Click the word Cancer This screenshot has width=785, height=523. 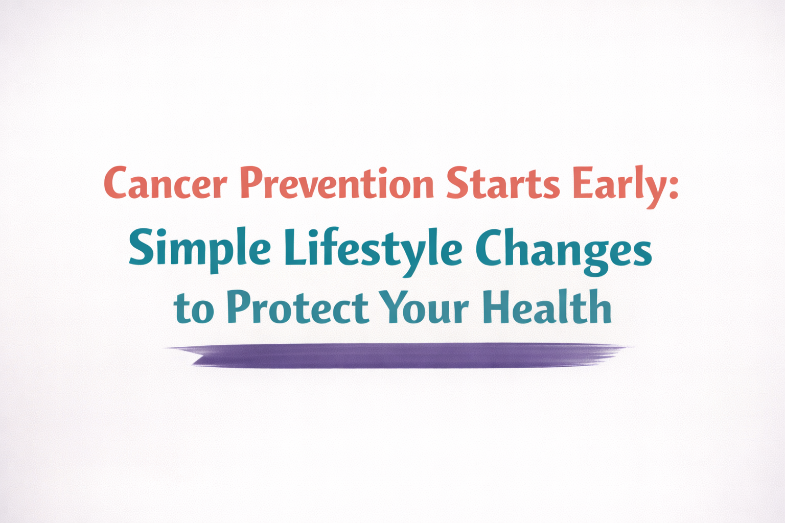pyautogui.click(x=165, y=183)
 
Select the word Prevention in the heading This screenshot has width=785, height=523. pyautogui.click(x=337, y=183)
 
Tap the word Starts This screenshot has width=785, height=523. pyautogui.click(x=503, y=183)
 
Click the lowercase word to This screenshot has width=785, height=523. pyautogui.click(x=194, y=310)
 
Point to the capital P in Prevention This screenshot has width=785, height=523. pyautogui.click(x=251, y=183)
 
